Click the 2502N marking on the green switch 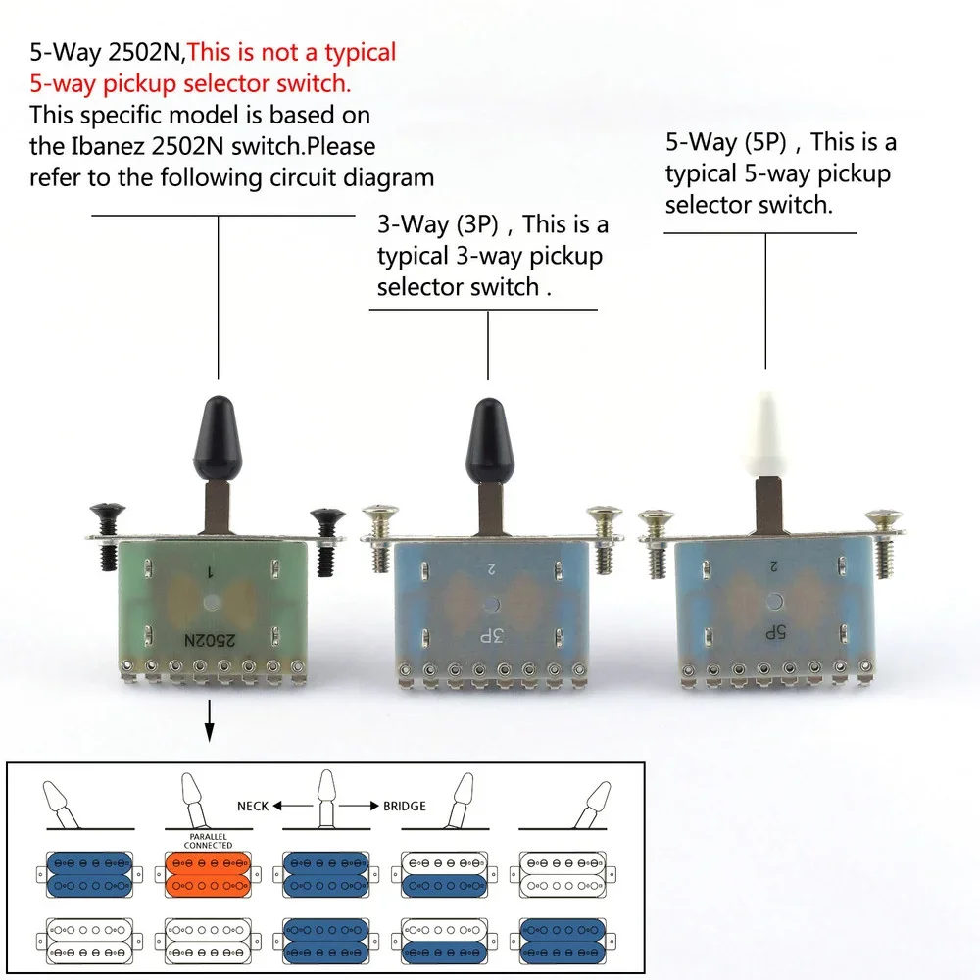210,640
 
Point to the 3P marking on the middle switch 491,636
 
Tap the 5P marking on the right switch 775,632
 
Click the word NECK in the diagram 253,807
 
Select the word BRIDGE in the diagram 405,807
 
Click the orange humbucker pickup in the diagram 208,874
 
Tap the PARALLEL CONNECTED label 208,841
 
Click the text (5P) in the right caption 765,142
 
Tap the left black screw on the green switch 106,536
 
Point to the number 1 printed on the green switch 211,571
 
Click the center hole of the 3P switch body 490,605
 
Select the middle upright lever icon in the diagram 326,799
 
